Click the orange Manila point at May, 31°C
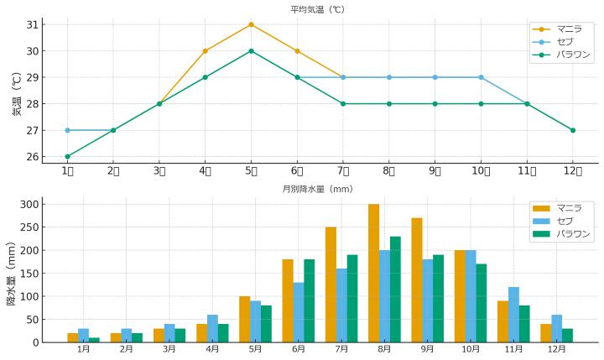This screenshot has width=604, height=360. [251, 24]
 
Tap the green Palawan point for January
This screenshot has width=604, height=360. [67, 156]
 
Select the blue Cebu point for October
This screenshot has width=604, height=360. [481, 77]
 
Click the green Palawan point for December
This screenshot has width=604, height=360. [573, 130]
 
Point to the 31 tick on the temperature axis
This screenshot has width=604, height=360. [33, 24]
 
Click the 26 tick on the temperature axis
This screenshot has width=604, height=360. [33, 157]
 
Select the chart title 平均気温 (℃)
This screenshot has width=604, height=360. [318, 10]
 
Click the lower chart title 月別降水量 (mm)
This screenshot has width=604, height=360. [318, 189]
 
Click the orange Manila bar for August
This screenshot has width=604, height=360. [373, 273]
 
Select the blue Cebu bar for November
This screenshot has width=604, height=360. [513, 315]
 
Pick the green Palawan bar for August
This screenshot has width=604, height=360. [395, 290]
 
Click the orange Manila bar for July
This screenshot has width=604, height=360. [331, 284]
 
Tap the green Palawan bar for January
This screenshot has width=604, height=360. [94, 340]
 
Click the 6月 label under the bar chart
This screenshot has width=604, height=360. [299, 348]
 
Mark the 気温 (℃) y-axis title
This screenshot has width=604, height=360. [17, 93]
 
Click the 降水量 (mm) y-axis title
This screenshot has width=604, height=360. [12, 272]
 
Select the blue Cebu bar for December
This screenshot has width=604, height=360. [556, 328]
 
